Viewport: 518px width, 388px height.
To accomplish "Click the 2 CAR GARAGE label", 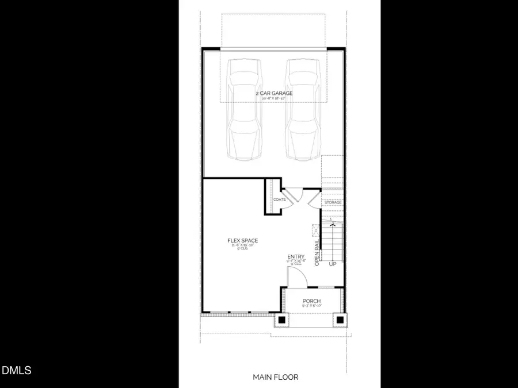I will click(x=274, y=93).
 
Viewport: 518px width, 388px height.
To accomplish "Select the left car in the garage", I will click(x=243, y=109).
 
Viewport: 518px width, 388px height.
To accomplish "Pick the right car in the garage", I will click(x=303, y=109).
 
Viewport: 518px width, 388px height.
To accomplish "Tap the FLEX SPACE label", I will click(x=242, y=240).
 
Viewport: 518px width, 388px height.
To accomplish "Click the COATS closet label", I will click(x=280, y=199).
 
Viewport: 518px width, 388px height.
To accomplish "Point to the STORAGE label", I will click(x=333, y=202).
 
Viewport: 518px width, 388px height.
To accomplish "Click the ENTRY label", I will click(x=296, y=257).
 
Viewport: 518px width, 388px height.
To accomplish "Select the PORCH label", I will click(x=311, y=301).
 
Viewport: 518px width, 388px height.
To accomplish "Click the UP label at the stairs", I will click(x=332, y=264).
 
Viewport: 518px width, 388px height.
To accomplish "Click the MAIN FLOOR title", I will click(x=276, y=377).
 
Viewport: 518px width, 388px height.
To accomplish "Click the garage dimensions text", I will click(x=274, y=99).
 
